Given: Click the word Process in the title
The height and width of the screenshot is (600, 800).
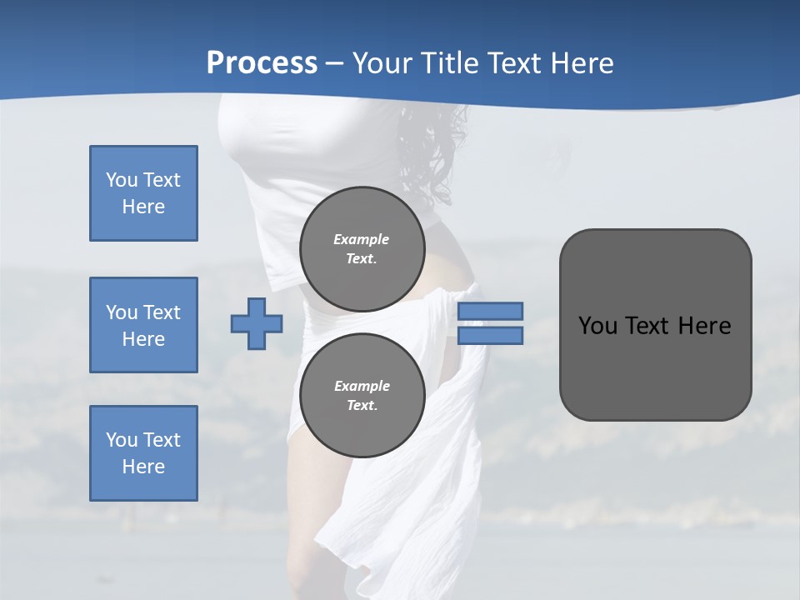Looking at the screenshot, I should [262, 63].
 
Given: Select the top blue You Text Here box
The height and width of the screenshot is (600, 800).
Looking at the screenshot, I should [143, 193].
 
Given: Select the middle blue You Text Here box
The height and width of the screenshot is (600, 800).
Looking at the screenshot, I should [143, 325].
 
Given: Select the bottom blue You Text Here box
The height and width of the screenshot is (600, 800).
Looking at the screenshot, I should [143, 453].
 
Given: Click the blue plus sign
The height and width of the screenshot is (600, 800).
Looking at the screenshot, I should [257, 325].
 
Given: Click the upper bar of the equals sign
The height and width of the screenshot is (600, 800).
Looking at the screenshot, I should [490, 311].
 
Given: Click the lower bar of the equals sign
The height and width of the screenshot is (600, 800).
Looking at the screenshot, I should [490, 336].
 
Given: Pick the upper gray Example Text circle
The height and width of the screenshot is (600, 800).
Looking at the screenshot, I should [362, 248].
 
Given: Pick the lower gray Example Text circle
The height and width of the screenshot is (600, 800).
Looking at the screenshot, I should [362, 395].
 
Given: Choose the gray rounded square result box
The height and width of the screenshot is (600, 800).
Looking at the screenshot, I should [655, 325].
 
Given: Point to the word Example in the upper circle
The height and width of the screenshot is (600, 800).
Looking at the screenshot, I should [362, 239].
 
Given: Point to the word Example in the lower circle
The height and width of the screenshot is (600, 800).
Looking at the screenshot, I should [362, 386].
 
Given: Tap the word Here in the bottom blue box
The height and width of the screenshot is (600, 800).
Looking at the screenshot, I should [143, 467].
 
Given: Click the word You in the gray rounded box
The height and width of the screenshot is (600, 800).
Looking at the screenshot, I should [597, 326].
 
